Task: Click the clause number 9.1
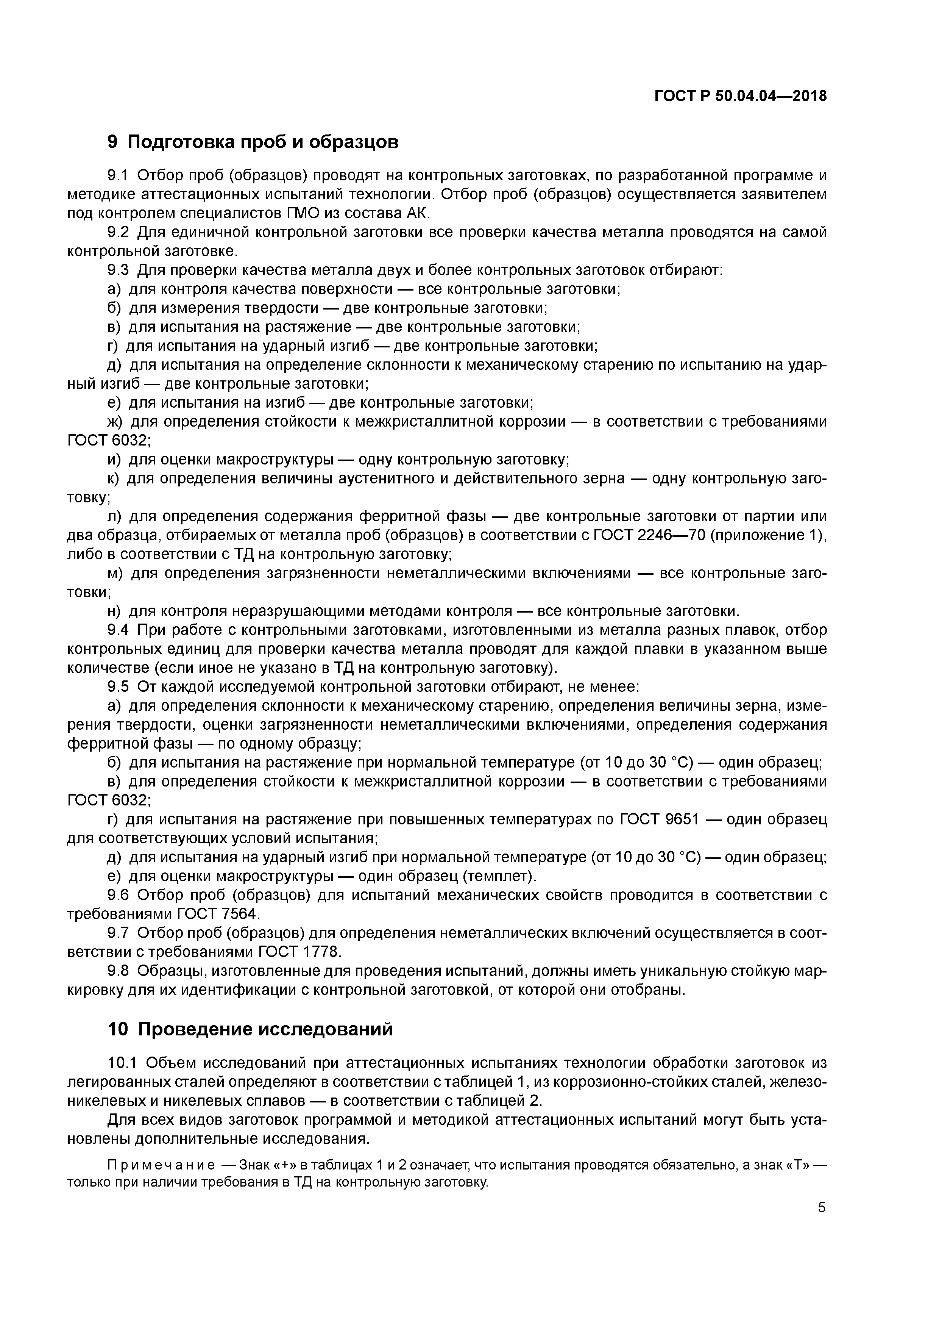pyautogui.click(x=120, y=175)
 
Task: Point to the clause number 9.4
pyautogui.click(x=120, y=630)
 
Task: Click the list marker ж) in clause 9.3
pyautogui.click(x=115, y=421)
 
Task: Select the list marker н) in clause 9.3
pyautogui.click(x=115, y=611)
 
